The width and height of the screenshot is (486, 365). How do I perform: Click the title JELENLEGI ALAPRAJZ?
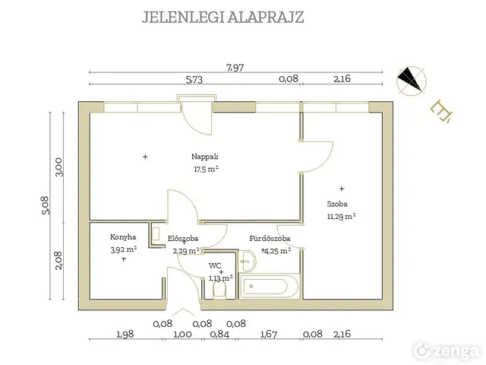[x=222, y=17]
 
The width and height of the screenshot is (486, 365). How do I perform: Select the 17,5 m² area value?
[x=205, y=169]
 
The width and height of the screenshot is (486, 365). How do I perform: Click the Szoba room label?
[x=338, y=204]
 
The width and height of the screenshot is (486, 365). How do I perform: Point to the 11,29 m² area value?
[x=341, y=216]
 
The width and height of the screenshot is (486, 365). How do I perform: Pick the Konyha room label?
[x=122, y=236]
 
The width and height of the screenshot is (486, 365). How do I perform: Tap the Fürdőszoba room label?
[x=270, y=238]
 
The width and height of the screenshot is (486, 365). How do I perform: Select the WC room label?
[x=215, y=265]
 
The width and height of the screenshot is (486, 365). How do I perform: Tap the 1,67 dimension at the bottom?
[x=268, y=333]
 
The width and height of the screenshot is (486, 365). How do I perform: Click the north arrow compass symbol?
[x=413, y=78]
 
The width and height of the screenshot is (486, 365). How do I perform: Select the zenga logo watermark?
[x=447, y=350]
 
